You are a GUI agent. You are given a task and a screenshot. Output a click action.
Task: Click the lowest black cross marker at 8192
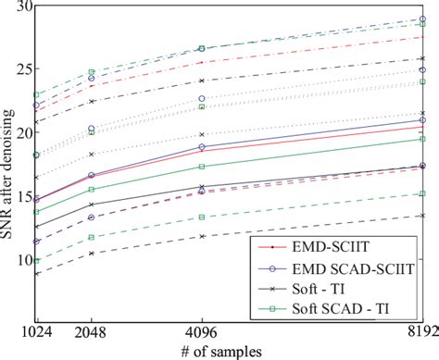[x=423, y=216]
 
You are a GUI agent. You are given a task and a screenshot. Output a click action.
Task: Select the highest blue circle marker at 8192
[x=423, y=19]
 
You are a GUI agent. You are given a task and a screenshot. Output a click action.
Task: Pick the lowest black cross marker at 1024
[x=36, y=274]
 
